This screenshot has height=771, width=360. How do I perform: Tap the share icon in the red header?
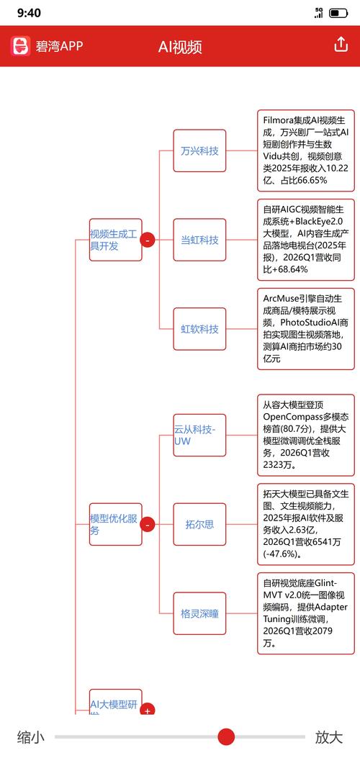click(341, 45)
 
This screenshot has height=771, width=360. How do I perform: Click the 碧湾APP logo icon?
click(21, 46)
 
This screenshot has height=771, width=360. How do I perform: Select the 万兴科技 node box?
click(199, 150)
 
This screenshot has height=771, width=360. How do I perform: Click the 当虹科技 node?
click(199, 240)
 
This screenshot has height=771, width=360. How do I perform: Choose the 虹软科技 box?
click(199, 329)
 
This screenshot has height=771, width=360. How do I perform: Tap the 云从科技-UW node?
click(199, 435)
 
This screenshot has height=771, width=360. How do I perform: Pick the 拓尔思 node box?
click(199, 524)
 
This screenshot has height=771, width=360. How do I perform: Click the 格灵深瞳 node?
click(199, 613)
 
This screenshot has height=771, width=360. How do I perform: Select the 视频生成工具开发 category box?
click(116, 240)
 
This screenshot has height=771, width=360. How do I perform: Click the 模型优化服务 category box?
click(116, 524)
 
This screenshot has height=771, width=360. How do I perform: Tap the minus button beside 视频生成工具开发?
click(148, 240)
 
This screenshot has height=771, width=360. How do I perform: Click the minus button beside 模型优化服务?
click(148, 525)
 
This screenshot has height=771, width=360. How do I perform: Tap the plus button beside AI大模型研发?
click(148, 710)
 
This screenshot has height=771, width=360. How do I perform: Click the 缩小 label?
click(30, 737)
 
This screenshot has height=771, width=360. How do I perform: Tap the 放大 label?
click(329, 737)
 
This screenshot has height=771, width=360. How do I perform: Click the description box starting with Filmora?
click(306, 150)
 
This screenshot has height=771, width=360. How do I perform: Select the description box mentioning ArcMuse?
click(306, 329)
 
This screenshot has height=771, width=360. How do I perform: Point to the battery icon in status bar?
click(338, 13)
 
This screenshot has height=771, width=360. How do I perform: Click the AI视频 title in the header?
click(180, 47)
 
